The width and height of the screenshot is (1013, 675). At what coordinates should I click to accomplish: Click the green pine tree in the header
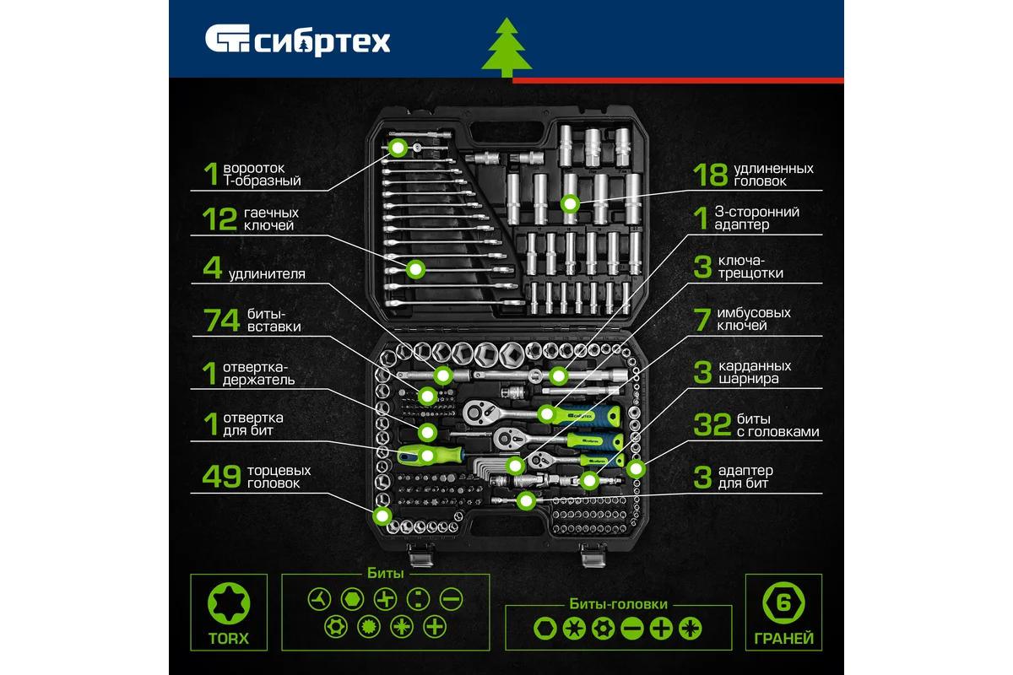(506, 47)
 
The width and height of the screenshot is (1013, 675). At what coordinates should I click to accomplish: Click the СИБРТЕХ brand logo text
(322, 42)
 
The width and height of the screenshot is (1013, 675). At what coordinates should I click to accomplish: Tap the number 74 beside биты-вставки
(221, 320)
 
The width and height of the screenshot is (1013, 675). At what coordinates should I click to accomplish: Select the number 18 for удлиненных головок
(710, 175)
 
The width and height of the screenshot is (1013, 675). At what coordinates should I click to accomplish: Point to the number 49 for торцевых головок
(221, 476)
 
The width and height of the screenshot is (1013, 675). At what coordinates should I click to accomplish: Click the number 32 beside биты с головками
(712, 424)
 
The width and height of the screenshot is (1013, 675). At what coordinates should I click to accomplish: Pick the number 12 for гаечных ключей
(219, 219)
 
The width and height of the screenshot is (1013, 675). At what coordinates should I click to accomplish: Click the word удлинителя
(267, 274)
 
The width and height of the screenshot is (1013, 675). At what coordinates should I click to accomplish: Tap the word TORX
(229, 639)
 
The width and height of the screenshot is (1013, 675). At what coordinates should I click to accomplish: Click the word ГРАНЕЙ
(783, 639)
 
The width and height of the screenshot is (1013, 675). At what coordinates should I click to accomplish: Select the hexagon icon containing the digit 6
(783, 602)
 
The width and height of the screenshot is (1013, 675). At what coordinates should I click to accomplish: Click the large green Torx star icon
(229, 603)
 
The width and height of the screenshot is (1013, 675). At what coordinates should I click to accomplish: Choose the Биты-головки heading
(618, 604)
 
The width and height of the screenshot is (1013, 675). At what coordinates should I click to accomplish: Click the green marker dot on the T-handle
(398, 148)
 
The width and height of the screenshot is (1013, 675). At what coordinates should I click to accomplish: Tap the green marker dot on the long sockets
(570, 204)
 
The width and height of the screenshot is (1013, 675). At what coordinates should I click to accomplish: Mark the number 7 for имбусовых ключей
(702, 320)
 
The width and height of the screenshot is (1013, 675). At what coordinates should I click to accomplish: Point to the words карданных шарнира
(755, 372)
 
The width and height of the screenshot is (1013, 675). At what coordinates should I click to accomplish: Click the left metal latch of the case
(421, 554)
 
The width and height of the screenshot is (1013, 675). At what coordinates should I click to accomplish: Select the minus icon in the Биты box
(451, 600)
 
